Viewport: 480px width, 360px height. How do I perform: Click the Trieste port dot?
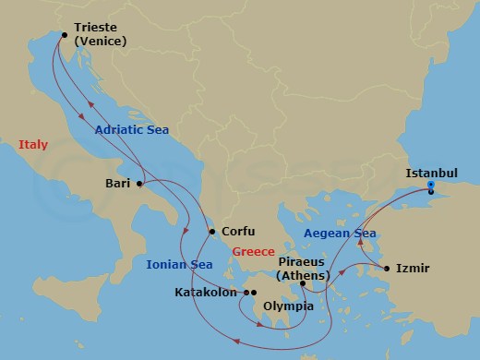point(64,36)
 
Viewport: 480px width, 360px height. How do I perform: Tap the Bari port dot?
point(139,184)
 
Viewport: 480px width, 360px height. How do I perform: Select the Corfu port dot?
point(212,232)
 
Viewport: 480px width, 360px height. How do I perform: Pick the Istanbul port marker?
point(431,189)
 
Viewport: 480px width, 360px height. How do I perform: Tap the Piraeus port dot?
point(302,284)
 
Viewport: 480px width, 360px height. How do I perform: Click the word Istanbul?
point(432,173)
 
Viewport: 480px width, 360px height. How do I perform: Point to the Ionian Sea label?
point(179,265)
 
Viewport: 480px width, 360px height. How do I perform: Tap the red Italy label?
point(32,144)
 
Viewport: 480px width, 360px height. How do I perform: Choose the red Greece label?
point(253,250)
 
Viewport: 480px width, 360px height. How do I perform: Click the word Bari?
point(116,184)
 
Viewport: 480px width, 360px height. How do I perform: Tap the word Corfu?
point(237,232)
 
